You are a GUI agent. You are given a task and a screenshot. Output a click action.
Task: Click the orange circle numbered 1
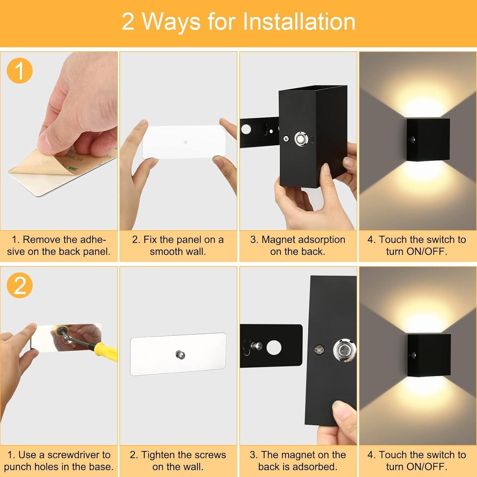pos(19,71)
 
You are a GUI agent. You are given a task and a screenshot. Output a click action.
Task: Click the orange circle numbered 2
pos(19,285)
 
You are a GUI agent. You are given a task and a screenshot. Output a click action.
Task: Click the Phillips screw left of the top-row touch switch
pos(286,139)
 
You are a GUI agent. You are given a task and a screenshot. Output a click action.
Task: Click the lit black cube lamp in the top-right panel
pos(428,140)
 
